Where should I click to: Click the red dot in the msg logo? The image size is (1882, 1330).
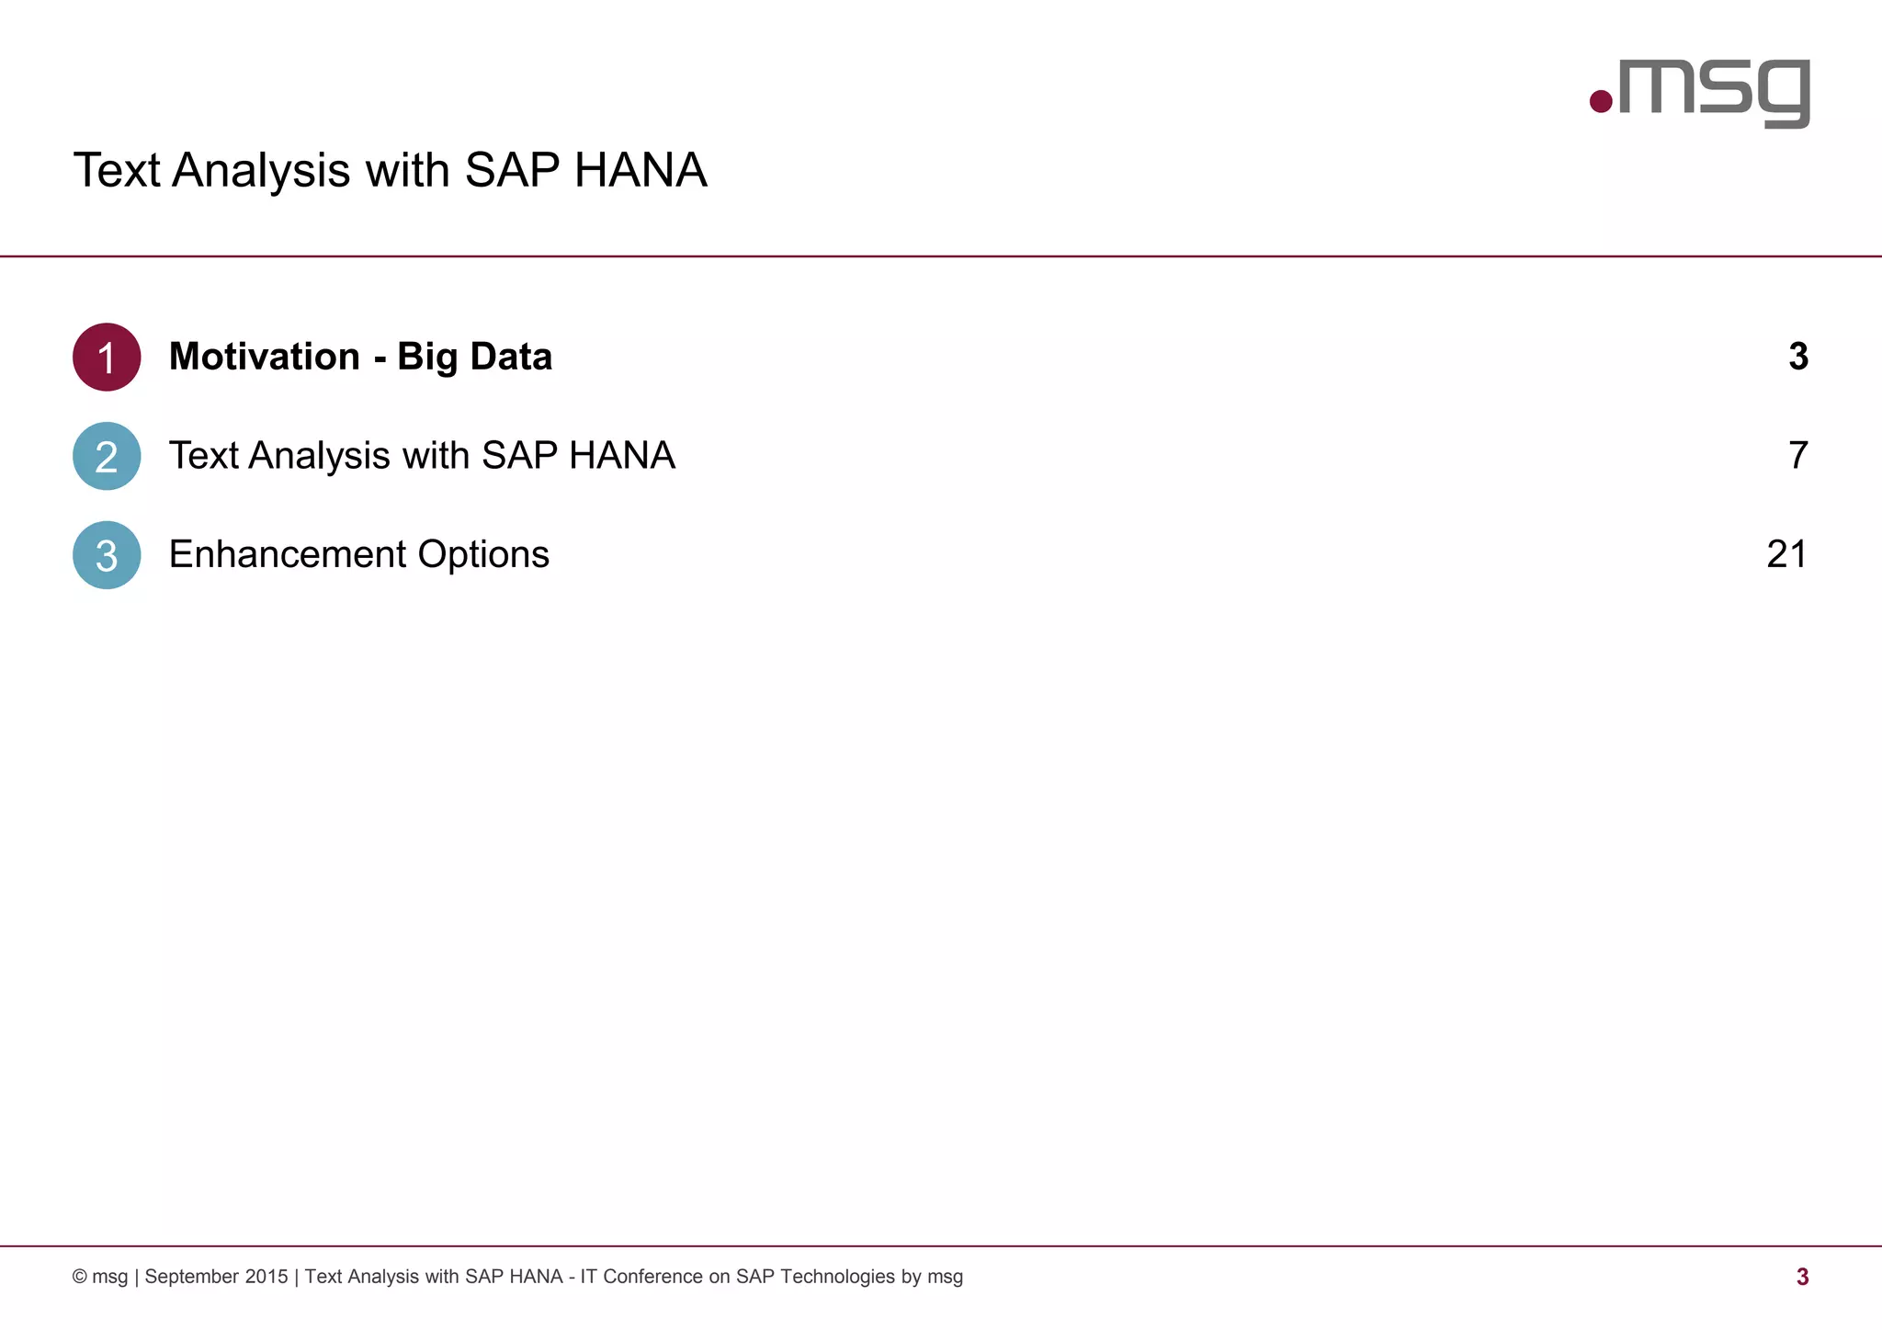pyautogui.click(x=1601, y=101)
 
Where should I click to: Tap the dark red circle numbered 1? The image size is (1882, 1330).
pyautogui.click(x=107, y=357)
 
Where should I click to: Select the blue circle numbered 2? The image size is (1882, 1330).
pyautogui.click(x=107, y=456)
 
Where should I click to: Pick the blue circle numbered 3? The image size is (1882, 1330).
pyautogui.click(x=107, y=555)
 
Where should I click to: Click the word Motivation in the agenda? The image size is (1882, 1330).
pyautogui.click(x=265, y=357)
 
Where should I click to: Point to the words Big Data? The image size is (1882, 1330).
pyautogui.click(x=474, y=357)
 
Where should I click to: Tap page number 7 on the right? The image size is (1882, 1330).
pyautogui.click(x=1797, y=456)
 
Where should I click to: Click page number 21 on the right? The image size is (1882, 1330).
pyautogui.click(x=1786, y=554)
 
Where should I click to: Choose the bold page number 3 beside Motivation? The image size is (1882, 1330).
pyautogui.click(x=1798, y=357)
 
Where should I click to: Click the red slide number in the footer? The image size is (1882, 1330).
pyautogui.click(x=1802, y=1277)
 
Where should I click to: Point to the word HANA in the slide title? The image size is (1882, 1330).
pyautogui.click(x=641, y=170)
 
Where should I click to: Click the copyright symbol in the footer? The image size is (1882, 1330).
pyautogui.click(x=80, y=1277)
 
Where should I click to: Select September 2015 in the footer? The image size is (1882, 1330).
pyautogui.click(x=216, y=1277)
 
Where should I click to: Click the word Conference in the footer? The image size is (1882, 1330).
pyautogui.click(x=652, y=1277)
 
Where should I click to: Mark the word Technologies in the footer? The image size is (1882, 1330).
pyautogui.click(x=837, y=1277)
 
